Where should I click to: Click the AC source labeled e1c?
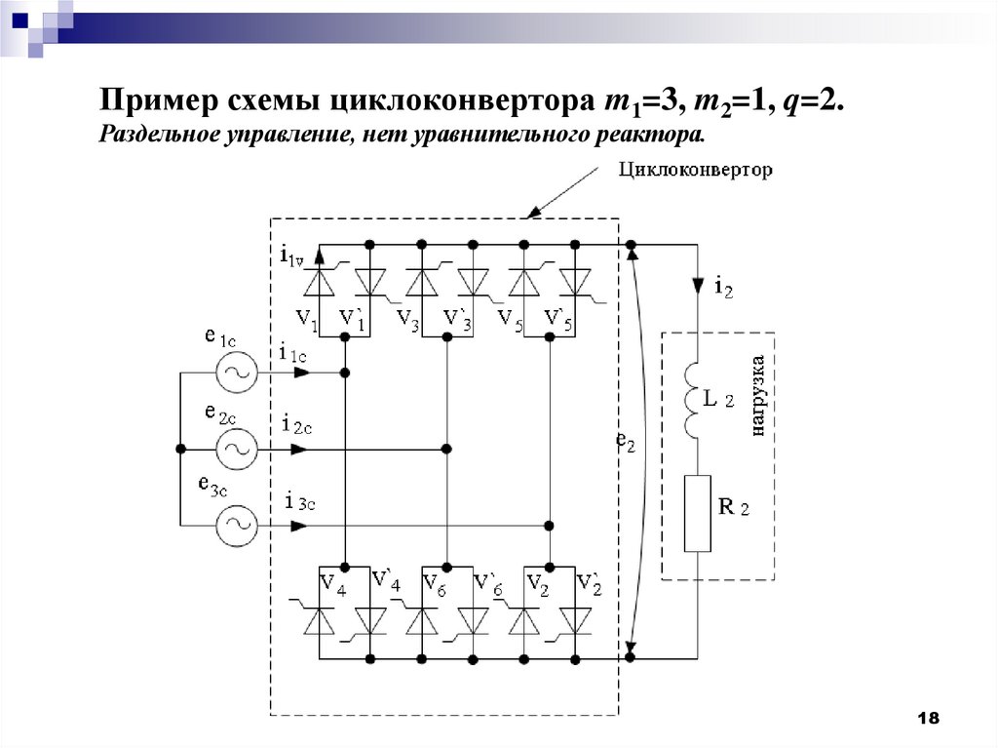tap(235, 373)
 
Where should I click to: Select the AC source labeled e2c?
tap(235, 449)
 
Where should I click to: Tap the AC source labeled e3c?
tap(235, 526)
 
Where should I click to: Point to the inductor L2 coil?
tap(698, 401)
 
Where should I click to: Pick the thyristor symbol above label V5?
tap(524, 282)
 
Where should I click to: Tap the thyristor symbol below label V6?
tap(422, 620)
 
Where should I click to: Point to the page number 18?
tap(928, 719)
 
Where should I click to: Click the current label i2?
tap(723, 287)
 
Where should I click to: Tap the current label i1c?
tap(293, 353)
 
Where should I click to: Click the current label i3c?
tap(299, 502)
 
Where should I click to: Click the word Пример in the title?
tap(157, 101)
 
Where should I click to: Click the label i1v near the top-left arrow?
tap(291, 257)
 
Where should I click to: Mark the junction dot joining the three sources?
tap(180, 449)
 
